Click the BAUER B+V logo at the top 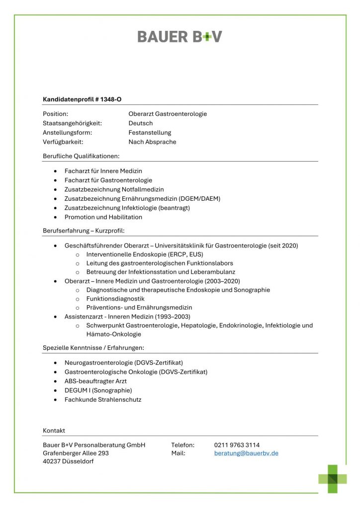[x=180, y=36]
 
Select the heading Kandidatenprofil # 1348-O [x=82, y=99]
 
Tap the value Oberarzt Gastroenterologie [x=168, y=114]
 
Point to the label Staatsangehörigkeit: [x=73, y=123]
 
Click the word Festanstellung [x=150, y=133]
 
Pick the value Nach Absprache [x=152, y=142]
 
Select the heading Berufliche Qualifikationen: [x=81, y=156]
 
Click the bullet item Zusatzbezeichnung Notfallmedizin [x=114, y=189]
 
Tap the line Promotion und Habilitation [x=103, y=217]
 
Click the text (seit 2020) [x=283, y=246]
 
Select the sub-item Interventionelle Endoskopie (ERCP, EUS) [x=144, y=254]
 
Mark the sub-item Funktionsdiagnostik [x=115, y=299]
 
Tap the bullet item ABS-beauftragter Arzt [x=95, y=381]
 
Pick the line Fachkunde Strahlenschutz [x=103, y=400]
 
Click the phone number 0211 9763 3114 [x=237, y=445]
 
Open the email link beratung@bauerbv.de [x=246, y=453]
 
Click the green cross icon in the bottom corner [x=333, y=479]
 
